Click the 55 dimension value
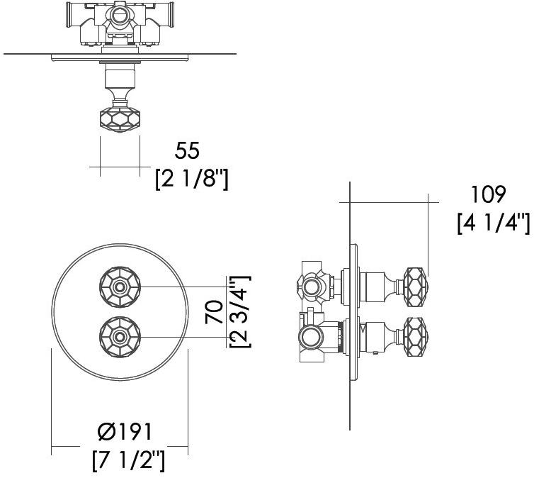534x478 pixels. (187, 150)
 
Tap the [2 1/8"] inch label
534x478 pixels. (192, 179)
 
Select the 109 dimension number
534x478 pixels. (489, 195)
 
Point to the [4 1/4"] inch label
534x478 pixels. (494, 223)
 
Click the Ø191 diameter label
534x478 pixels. (125, 432)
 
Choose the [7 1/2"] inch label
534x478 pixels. (128, 460)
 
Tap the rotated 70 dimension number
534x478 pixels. (214, 311)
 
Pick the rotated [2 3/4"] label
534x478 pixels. (240, 311)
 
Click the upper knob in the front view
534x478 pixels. (120, 287)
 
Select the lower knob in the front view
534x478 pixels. (120, 337)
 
